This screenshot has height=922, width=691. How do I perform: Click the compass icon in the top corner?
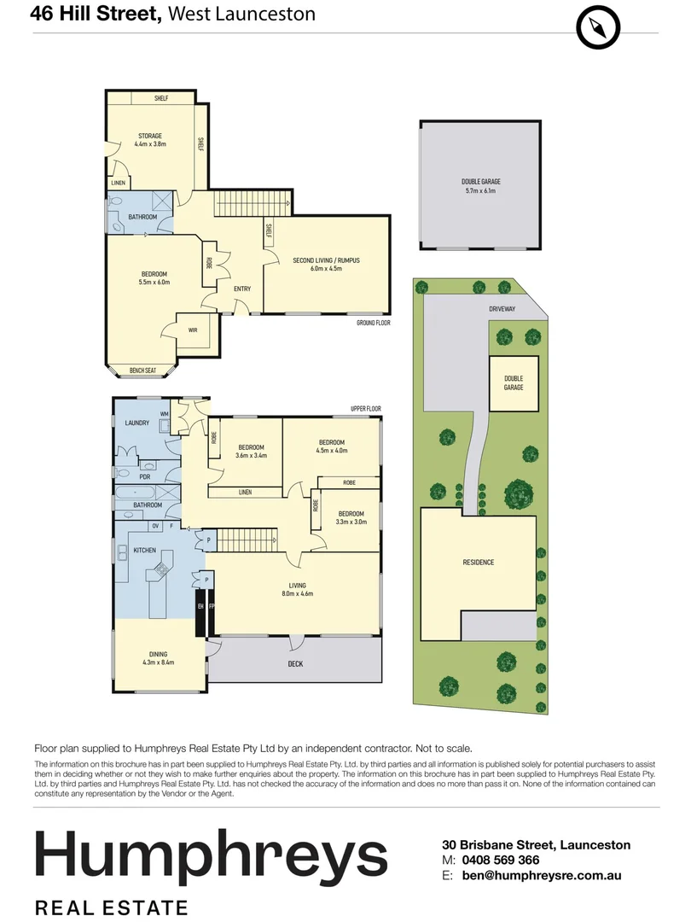[597, 27]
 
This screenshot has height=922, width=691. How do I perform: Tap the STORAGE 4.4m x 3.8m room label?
[150, 140]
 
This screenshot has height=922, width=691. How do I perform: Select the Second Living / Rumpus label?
[326, 264]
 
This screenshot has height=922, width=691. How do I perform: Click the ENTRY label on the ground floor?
[242, 289]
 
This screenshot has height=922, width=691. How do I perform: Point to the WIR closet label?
[193, 330]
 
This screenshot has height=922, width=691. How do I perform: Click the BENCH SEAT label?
[142, 371]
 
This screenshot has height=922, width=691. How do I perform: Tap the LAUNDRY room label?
[136, 423]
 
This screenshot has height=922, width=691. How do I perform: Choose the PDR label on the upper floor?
[144, 477]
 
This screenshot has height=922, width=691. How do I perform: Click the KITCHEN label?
[144, 551]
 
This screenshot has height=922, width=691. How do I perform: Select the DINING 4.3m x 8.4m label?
[158, 658]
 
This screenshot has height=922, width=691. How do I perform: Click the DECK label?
[295, 664]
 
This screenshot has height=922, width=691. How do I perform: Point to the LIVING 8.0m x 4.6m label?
[298, 589]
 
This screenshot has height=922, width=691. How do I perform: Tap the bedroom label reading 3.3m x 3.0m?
[351, 517]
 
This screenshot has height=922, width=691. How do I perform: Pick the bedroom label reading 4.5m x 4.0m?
[332, 446]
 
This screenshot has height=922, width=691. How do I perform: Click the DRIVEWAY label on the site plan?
[502, 309]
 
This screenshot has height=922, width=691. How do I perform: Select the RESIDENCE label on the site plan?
[479, 562]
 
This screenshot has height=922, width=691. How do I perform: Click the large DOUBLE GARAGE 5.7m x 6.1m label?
[480, 186]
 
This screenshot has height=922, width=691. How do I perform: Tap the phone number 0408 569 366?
[501, 860]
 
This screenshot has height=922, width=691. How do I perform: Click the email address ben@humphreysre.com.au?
[541, 876]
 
